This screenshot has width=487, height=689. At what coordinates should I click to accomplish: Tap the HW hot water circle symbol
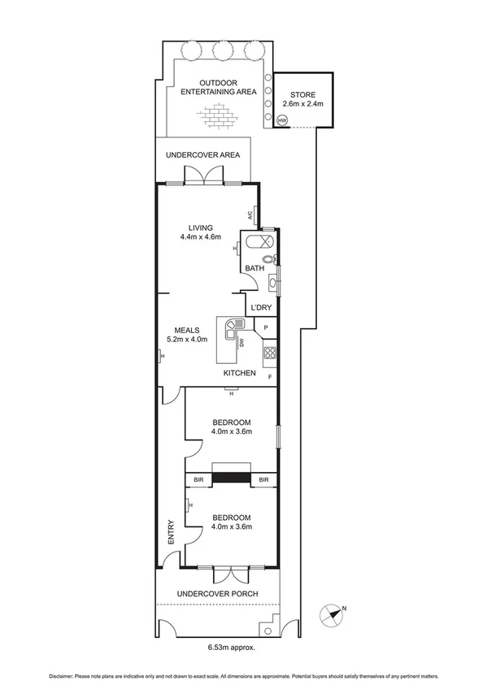coord(282,121)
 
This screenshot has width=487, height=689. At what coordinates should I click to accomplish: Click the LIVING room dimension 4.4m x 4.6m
coord(200,237)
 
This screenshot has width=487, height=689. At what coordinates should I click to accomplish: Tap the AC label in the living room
coord(250,215)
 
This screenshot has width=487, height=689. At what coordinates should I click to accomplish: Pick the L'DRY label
coord(261,307)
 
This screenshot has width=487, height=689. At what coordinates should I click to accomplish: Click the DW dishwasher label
coord(241,343)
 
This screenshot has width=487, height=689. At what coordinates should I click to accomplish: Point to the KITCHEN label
coord(240,373)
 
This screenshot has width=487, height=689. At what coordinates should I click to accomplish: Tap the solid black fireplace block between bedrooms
coord(231,479)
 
